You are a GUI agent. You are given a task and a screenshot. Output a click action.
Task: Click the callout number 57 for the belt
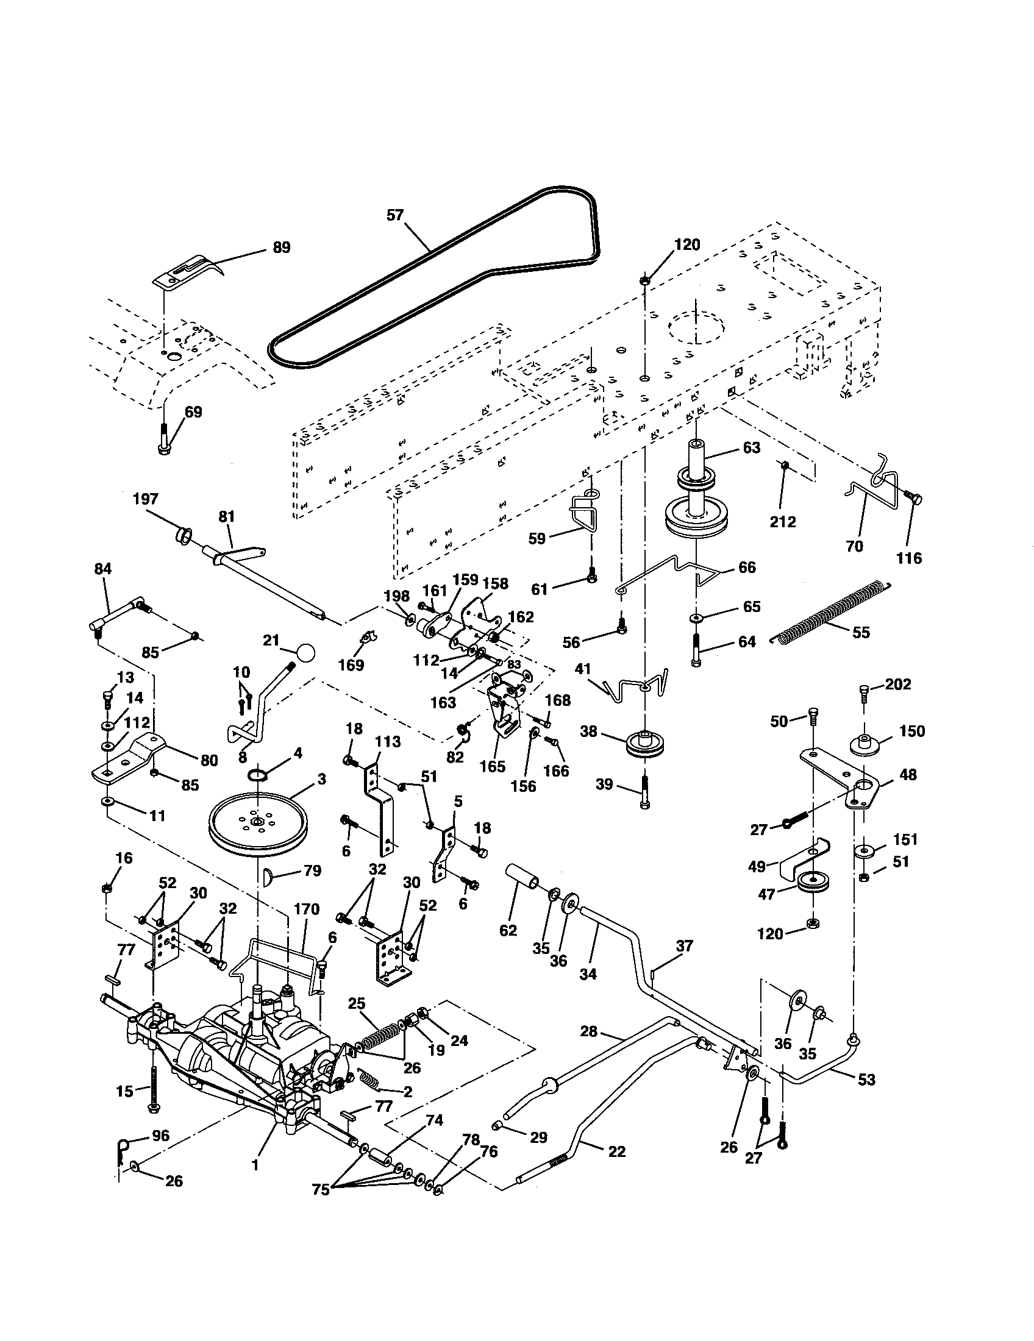click(x=396, y=215)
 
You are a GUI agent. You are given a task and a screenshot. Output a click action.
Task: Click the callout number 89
click(x=281, y=247)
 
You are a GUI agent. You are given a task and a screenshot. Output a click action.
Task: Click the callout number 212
click(x=782, y=521)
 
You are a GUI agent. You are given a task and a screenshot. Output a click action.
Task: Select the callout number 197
click(x=146, y=499)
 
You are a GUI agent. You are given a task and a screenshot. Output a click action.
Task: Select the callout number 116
click(x=909, y=558)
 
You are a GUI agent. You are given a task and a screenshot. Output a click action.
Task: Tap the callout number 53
click(x=866, y=1080)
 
